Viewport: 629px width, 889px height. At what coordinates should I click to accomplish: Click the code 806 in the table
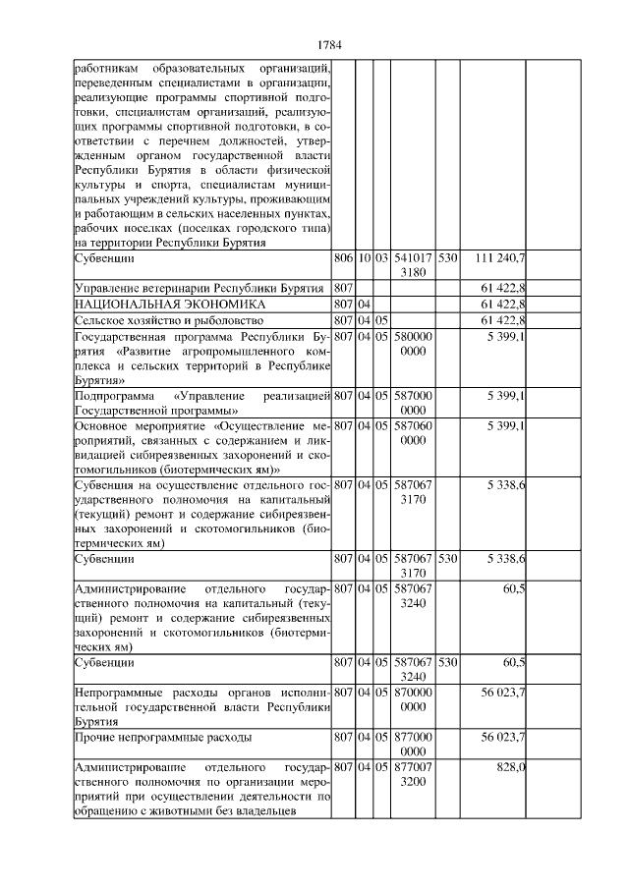click(x=342, y=258)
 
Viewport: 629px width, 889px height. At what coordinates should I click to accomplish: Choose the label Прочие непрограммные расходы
click(x=162, y=736)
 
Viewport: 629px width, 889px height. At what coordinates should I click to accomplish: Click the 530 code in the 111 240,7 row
click(x=447, y=258)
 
